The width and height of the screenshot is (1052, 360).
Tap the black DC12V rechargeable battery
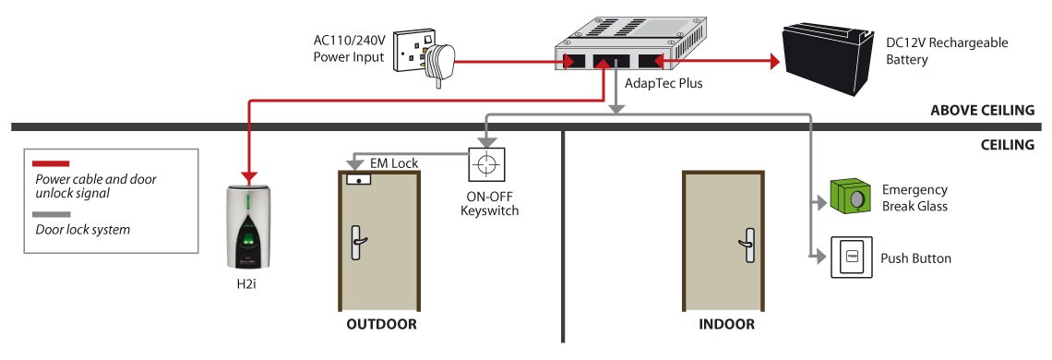pyautogui.click(x=828, y=58)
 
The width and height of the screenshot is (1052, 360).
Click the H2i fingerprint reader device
pyautogui.click(x=248, y=226)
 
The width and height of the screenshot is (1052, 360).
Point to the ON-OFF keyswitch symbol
pyautogui.click(x=486, y=164)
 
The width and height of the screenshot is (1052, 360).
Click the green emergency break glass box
pyautogui.click(x=852, y=196)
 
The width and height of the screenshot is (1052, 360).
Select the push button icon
pyautogui.click(x=852, y=257)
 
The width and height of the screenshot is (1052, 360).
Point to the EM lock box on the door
pyautogui.click(x=360, y=179)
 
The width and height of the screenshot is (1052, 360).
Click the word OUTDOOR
pyautogui.click(x=381, y=324)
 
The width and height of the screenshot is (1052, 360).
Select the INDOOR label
pyautogui.click(x=726, y=324)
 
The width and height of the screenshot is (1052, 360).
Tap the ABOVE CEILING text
pyautogui.click(x=983, y=110)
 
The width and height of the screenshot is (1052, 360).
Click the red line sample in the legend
pyautogui.click(x=52, y=163)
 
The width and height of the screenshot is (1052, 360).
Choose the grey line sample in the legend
pyautogui.click(x=52, y=215)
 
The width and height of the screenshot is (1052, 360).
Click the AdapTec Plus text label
pyautogui.click(x=663, y=85)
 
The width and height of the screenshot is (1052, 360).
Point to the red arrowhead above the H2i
pyautogui.click(x=249, y=177)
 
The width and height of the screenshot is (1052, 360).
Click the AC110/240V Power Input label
pyautogui.click(x=349, y=49)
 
